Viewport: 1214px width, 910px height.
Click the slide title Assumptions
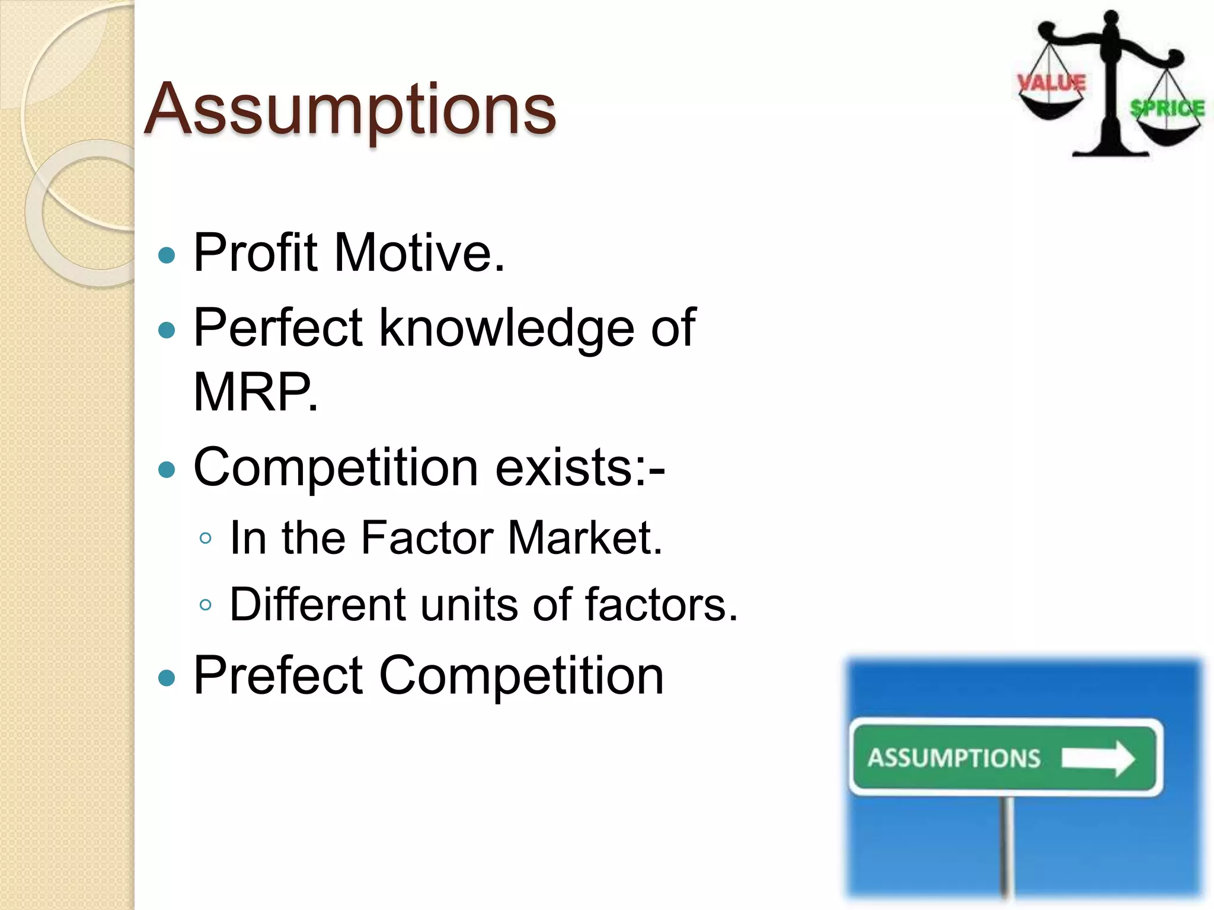coord(350,110)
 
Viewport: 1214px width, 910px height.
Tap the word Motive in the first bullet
coord(419,253)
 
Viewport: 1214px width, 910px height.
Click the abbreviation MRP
coord(255,392)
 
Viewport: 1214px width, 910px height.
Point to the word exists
coord(579,467)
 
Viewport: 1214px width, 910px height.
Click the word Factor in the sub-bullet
coord(427,537)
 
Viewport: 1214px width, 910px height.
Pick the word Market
coord(584,537)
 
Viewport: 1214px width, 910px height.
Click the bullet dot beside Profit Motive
coord(168,255)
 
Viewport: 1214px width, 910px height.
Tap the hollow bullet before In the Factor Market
coord(206,539)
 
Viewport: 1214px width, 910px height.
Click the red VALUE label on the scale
coord(1052,83)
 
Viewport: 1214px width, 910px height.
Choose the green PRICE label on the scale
coord(1168,108)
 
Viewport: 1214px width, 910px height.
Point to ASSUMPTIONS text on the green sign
coord(954,758)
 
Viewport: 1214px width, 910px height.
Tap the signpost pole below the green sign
coord(1005,847)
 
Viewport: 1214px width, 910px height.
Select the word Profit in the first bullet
coord(255,253)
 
